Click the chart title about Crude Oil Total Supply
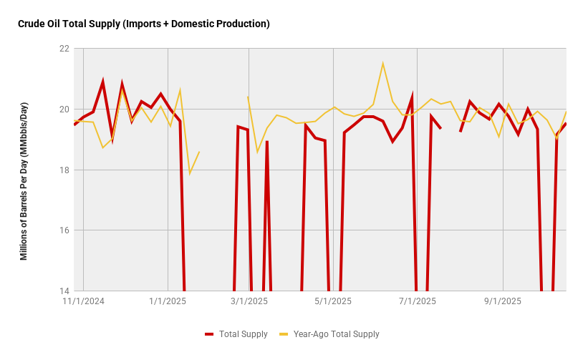(x=143, y=24)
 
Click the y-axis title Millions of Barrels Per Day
(x=24, y=181)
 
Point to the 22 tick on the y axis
(x=64, y=49)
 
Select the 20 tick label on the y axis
(x=64, y=110)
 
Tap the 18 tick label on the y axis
(x=64, y=170)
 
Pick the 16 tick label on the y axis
(x=64, y=230)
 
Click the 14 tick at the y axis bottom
(x=64, y=291)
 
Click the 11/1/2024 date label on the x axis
(x=84, y=301)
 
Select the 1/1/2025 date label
(x=168, y=301)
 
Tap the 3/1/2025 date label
(x=249, y=301)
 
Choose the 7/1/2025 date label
(x=418, y=301)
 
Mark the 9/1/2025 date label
(x=503, y=301)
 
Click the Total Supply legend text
(x=244, y=334)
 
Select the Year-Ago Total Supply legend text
(x=336, y=334)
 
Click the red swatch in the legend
(x=209, y=334)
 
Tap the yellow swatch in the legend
(x=283, y=334)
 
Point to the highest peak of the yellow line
(x=382, y=64)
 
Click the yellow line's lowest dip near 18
(x=190, y=173)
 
